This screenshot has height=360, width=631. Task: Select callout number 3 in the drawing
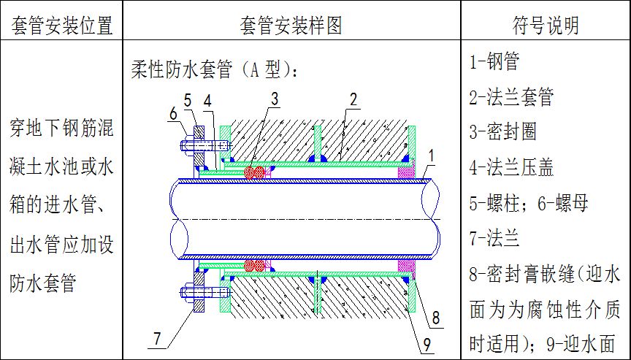(x=274, y=98)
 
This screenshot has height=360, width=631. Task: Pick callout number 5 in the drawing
(x=188, y=99)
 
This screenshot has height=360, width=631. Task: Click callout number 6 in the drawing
(x=173, y=112)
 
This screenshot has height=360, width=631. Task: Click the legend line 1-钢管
(x=494, y=62)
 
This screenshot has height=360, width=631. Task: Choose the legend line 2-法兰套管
(x=511, y=97)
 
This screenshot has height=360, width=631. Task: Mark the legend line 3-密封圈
(x=503, y=132)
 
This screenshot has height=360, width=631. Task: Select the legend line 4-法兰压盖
(x=511, y=167)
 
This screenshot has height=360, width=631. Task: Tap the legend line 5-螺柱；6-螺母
(x=529, y=202)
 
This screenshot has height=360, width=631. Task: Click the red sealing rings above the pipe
(x=255, y=173)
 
